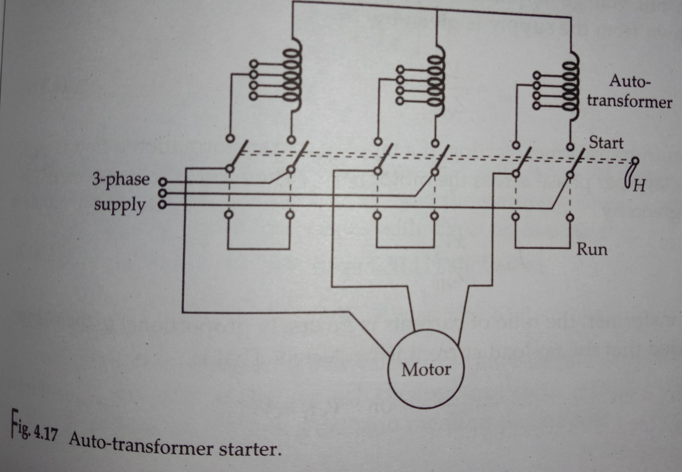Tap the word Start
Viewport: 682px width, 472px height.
pyautogui.click(x=606, y=143)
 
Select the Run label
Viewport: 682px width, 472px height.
pyautogui.click(x=592, y=249)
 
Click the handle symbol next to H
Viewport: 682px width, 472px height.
pyautogui.click(x=630, y=175)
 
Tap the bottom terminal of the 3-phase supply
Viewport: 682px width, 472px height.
pyautogui.click(x=162, y=205)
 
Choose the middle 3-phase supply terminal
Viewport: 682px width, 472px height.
pyautogui.click(x=162, y=193)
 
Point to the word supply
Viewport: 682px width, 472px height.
pyautogui.click(x=120, y=205)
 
